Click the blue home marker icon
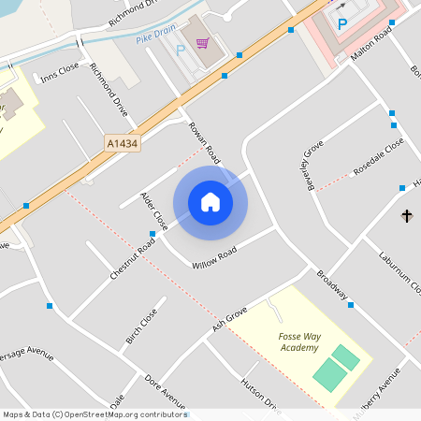pyautogui.click(x=210, y=202)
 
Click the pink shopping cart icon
pyautogui.click(x=203, y=43)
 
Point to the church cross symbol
pyautogui.click(x=407, y=216)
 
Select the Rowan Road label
pyautogui.click(x=204, y=141)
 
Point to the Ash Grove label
pyautogui.click(x=229, y=316)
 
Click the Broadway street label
pyautogui.click(x=331, y=284)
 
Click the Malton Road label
pyautogui.click(x=369, y=51)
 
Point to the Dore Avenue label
pyautogui.click(x=164, y=391)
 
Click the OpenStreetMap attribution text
pyautogui.click(x=94, y=414)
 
